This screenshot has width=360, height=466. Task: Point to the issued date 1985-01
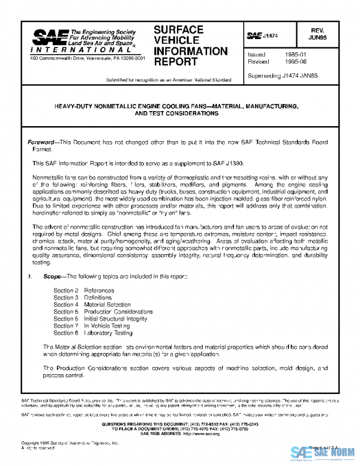pos(290,54)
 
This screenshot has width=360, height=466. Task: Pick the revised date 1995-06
pos(290,62)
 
